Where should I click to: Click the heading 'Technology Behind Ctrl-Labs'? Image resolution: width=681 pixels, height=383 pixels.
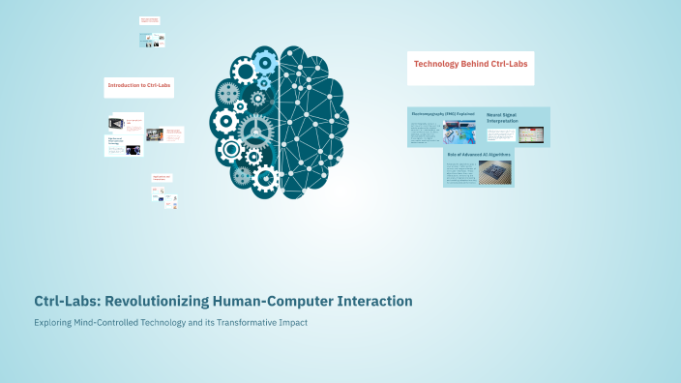469,65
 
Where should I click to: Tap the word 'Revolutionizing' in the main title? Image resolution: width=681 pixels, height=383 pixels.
144,302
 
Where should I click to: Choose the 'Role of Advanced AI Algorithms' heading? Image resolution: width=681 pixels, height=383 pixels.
478,153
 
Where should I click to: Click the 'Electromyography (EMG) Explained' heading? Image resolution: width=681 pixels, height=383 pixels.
443,113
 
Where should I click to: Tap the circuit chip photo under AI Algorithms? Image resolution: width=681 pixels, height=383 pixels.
495,172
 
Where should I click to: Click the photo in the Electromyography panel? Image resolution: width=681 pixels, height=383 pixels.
459,132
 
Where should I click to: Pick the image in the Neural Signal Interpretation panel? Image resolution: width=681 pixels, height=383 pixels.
530,134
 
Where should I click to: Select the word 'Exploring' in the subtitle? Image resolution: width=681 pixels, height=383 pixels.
54,322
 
